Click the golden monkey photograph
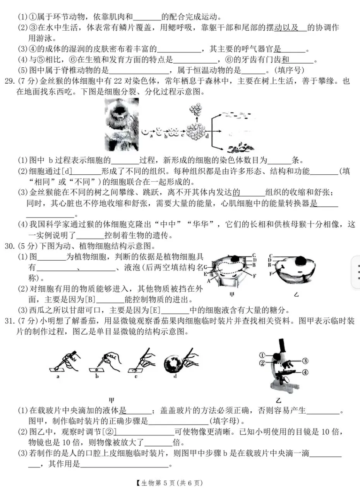(x=122, y=124)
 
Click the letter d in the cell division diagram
(x=207, y=136)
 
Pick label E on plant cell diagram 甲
(x=206, y=273)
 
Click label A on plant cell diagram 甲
(x=209, y=281)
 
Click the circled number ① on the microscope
(x=262, y=354)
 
